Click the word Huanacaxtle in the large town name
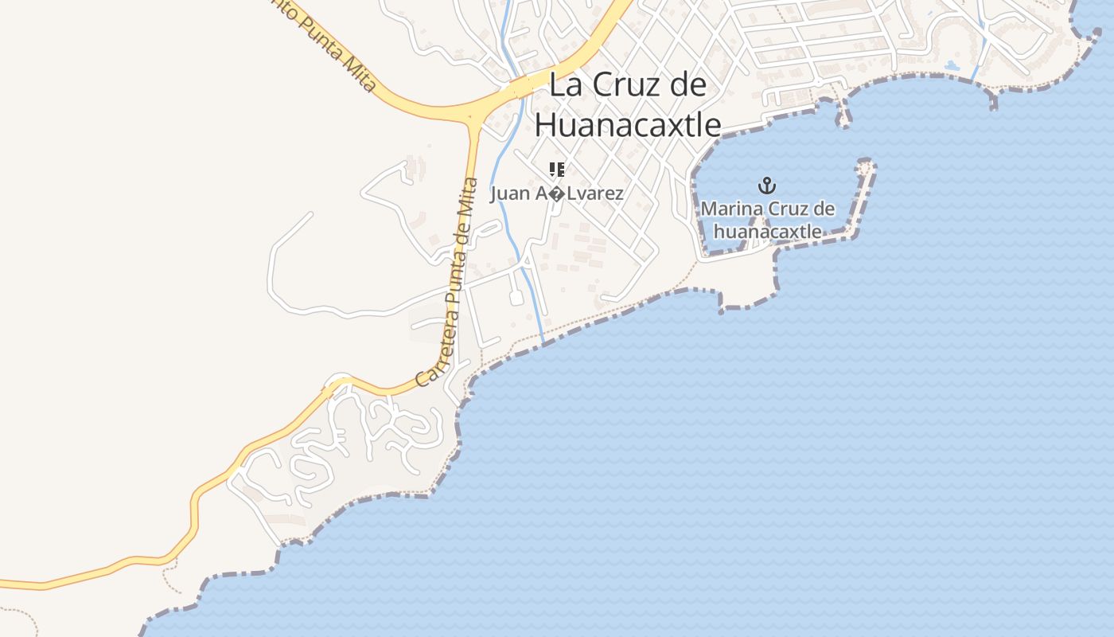coord(628,125)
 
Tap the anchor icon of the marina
coord(766,186)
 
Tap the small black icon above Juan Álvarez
coord(556,169)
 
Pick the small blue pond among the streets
coord(952,66)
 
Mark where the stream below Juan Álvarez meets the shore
coord(544,343)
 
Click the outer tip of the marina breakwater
coord(867,166)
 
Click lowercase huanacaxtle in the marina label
coord(767,232)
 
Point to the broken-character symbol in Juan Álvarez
coord(550,193)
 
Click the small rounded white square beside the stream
coord(516,298)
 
